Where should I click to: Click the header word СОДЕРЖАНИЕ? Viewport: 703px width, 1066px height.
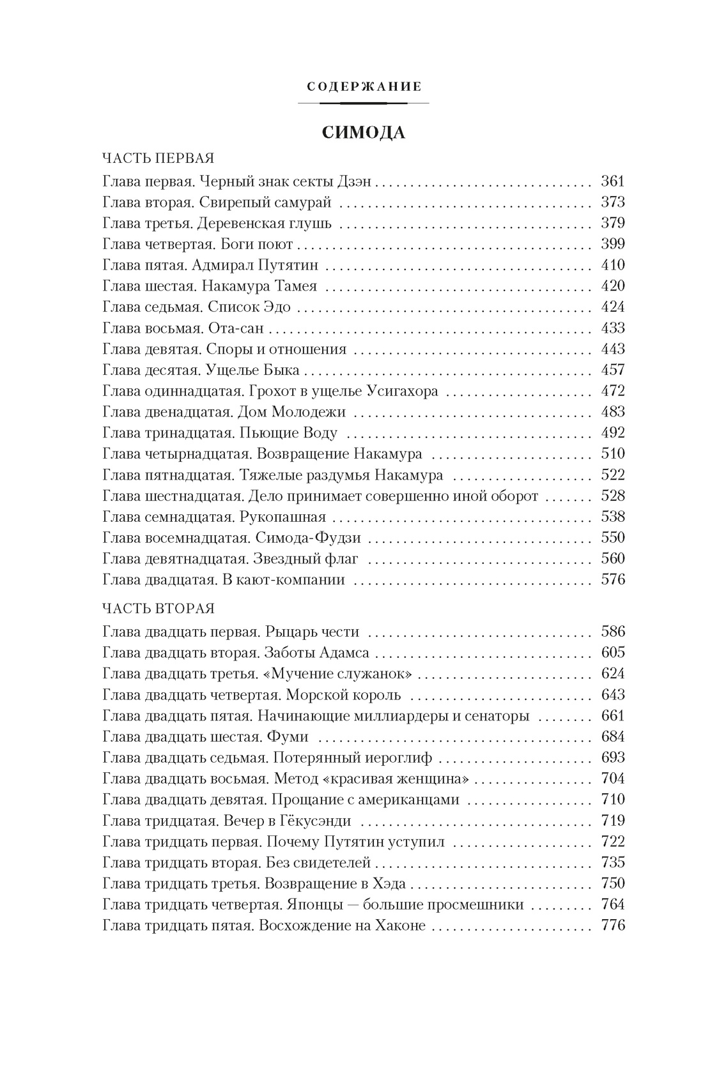[x=364, y=86]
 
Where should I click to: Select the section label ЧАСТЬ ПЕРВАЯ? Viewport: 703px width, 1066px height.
[x=158, y=158]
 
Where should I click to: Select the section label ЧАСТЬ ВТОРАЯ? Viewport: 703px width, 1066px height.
[x=158, y=609]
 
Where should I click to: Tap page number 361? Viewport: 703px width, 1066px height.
[x=612, y=181]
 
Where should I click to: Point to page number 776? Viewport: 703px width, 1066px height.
[x=612, y=925]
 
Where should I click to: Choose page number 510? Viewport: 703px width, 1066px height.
[x=612, y=454]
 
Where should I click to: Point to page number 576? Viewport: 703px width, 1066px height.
[x=612, y=580]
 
